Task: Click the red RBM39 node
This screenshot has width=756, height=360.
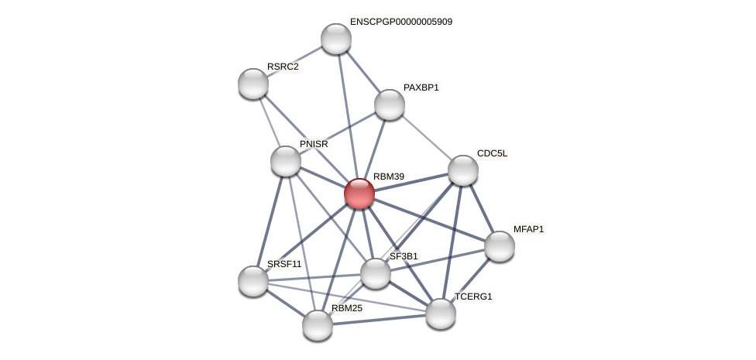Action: [x=359, y=194]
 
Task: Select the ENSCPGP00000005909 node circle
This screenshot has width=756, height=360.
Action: [x=335, y=39]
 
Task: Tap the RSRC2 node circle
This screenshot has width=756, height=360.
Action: [x=253, y=84]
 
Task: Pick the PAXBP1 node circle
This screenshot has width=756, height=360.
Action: [x=389, y=105]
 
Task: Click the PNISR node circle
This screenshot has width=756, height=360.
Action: [x=285, y=161]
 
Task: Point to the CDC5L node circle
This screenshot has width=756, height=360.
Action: [x=462, y=170]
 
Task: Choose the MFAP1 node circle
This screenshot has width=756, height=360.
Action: [x=499, y=246]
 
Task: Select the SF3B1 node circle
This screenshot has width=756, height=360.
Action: [x=376, y=273]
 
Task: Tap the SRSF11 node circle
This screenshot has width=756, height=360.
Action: [x=253, y=280]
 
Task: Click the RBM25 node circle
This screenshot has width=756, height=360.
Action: [x=317, y=325]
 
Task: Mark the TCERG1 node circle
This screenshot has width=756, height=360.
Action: [x=440, y=314]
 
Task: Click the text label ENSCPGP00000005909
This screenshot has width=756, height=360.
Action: [x=400, y=22]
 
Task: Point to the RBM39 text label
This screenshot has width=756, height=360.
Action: [x=388, y=177]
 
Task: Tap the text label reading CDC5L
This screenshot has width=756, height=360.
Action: [x=492, y=153]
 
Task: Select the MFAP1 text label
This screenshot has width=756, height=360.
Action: [x=528, y=229]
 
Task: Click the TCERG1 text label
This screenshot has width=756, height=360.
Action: [x=472, y=297]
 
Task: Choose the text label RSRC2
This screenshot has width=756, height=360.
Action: [x=282, y=67]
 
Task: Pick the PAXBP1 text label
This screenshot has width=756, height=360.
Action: [x=421, y=87]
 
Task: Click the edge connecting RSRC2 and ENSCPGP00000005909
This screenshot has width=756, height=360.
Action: [x=294, y=61]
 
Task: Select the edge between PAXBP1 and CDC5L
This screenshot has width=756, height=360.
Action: [x=426, y=138]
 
